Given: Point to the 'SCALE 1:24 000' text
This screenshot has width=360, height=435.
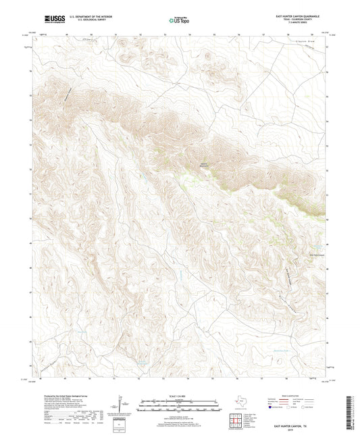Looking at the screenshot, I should [x=179, y=396].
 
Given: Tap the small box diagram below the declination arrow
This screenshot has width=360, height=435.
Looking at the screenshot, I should [x=120, y=423].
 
